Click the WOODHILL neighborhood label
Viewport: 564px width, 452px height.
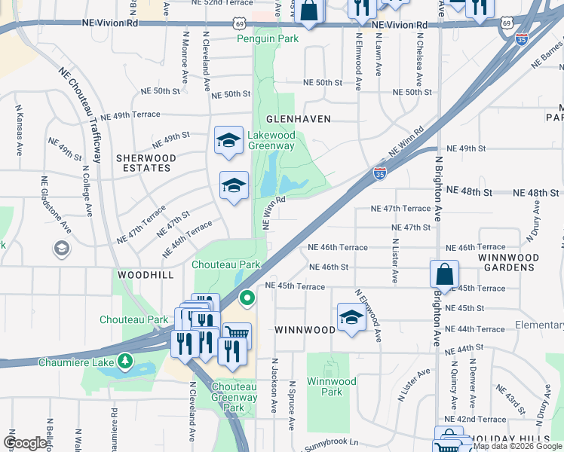[x=141, y=276]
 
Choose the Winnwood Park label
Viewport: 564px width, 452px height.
[x=331, y=386]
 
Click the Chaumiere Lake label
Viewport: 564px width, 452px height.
[x=73, y=362]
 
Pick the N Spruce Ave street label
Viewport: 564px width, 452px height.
[x=292, y=405]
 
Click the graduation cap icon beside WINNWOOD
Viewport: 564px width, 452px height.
[x=351, y=317]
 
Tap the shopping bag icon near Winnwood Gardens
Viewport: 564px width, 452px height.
[x=445, y=274]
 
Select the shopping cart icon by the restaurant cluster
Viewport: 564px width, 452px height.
[x=237, y=333]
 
